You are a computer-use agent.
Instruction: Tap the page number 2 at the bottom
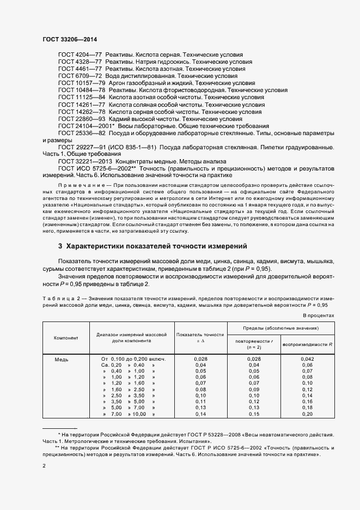pyautogui.click(x=44, y=465)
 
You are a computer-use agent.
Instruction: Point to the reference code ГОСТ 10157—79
pyautogui.click(x=77, y=83)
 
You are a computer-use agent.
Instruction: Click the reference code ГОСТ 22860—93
pyautogui.click(x=77, y=119)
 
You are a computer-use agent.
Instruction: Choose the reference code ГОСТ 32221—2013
pyautogui.click(x=81, y=161)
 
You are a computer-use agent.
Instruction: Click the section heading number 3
pyautogui.click(x=60, y=246)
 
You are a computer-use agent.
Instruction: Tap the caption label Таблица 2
pyautogui.click(x=62, y=298)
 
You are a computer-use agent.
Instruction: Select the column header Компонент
pyautogui.click(x=66, y=338)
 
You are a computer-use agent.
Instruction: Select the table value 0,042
pyautogui.click(x=307, y=359)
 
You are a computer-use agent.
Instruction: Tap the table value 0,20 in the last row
pyautogui.click(x=307, y=415)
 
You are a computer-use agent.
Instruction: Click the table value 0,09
pyautogui.click(x=254, y=390)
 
